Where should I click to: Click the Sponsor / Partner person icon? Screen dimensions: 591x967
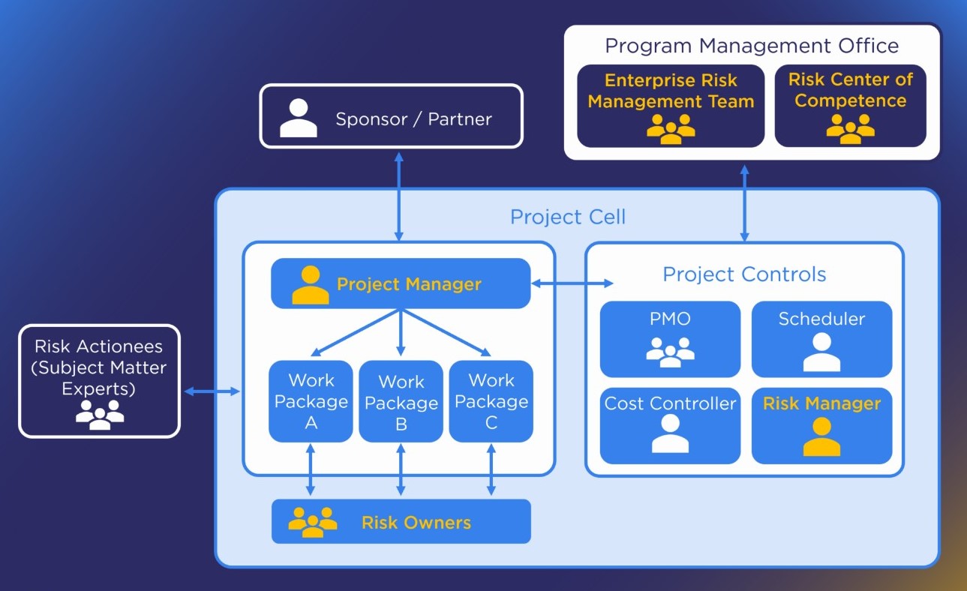pyautogui.click(x=299, y=118)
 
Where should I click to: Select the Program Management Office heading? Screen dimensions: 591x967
pyautogui.click(x=752, y=46)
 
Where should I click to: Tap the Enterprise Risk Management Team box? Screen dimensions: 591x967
pyautogui.click(x=671, y=106)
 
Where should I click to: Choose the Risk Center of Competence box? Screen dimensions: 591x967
pyautogui.click(x=850, y=106)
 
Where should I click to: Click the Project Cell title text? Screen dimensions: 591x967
pyautogui.click(x=568, y=217)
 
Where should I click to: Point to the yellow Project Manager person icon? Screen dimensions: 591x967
pyautogui.click(x=310, y=285)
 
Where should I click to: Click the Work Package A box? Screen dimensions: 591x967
pyautogui.click(x=311, y=401)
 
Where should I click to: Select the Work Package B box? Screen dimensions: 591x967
pyautogui.click(x=401, y=402)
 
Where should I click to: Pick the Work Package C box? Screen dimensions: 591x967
pyautogui.click(x=491, y=401)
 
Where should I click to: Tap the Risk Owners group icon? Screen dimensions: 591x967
pyautogui.click(x=313, y=521)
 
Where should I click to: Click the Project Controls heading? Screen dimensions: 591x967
pyautogui.click(x=744, y=274)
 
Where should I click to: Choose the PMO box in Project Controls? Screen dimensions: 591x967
pyautogui.click(x=671, y=339)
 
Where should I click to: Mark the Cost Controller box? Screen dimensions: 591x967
pyautogui.click(x=671, y=425)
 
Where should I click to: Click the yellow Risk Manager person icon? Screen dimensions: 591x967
pyautogui.click(x=821, y=437)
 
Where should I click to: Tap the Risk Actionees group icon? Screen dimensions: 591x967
pyautogui.click(x=100, y=415)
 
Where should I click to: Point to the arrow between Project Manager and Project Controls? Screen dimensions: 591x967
pyautogui.click(x=572, y=283)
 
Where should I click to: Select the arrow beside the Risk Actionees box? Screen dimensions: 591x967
pyautogui.click(x=212, y=391)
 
